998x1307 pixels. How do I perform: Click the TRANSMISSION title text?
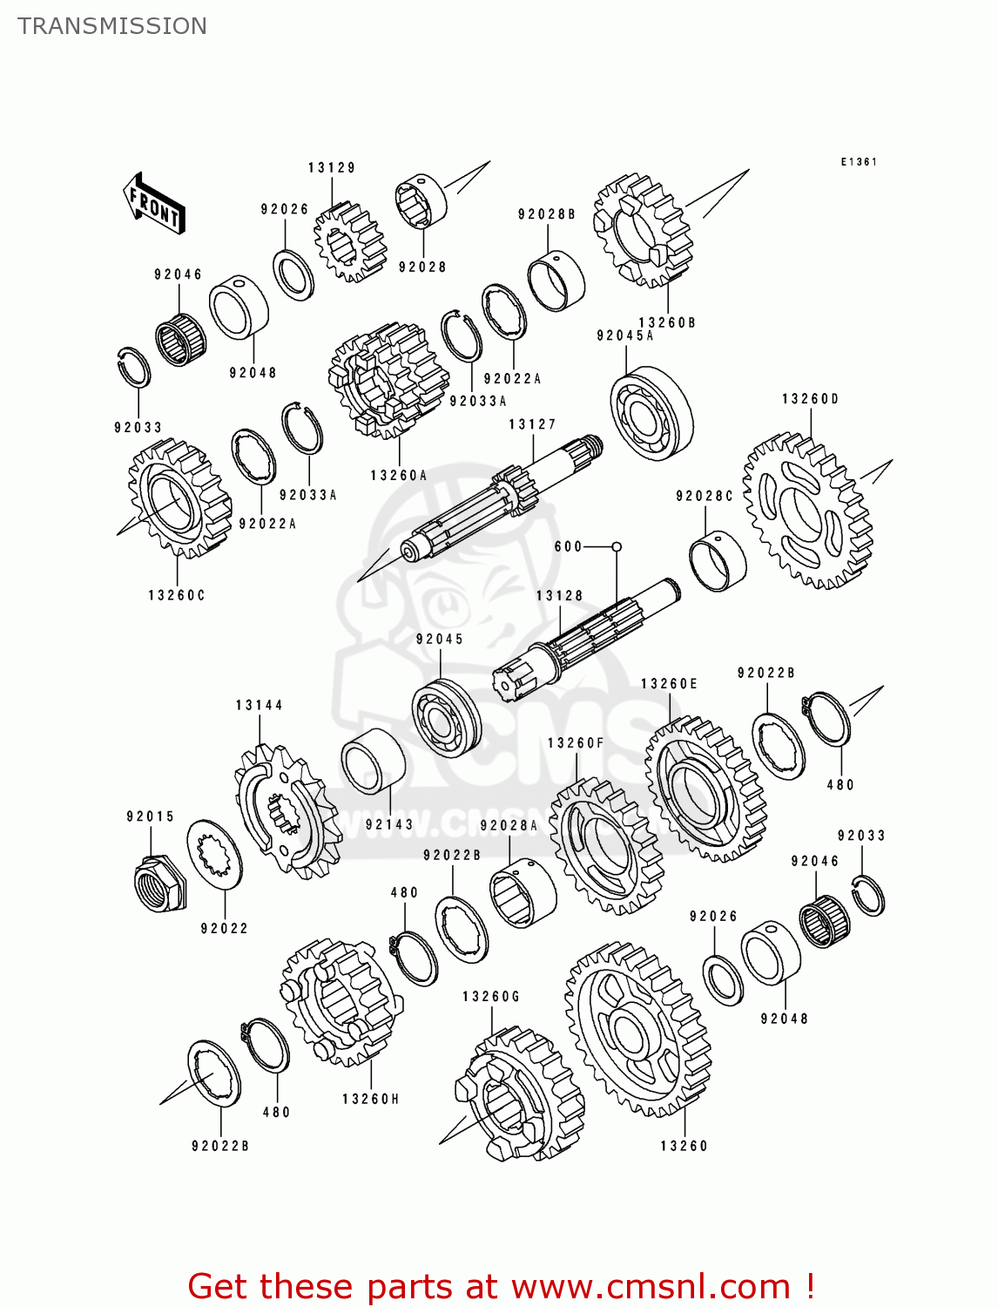click(112, 26)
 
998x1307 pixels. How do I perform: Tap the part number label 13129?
click(331, 167)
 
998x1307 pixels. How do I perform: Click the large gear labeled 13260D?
click(806, 511)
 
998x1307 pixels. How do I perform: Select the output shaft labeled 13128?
click(583, 640)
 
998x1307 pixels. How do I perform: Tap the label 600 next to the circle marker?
click(568, 546)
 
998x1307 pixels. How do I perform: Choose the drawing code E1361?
click(858, 162)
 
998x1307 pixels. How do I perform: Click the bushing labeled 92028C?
click(718, 559)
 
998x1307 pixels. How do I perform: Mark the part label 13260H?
click(370, 1099)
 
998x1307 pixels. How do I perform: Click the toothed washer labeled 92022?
click(214, 853)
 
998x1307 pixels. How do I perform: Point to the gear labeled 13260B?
click(642, 230)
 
